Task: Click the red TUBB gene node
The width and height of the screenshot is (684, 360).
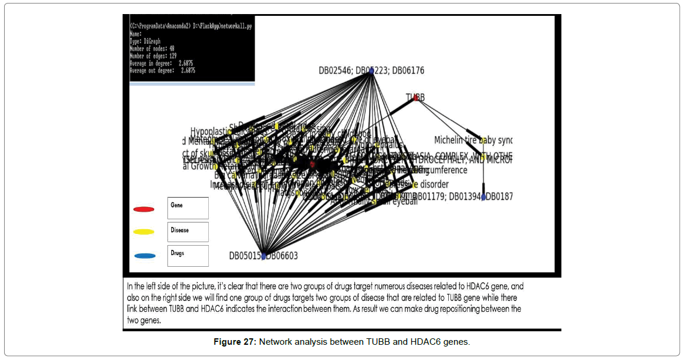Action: click(416, 98)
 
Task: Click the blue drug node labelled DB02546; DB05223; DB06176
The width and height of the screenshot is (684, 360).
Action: click(371, 71)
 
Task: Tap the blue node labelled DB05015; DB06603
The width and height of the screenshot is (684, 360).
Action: click(263, 256)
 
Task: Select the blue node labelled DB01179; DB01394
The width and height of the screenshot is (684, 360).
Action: click(483, 197)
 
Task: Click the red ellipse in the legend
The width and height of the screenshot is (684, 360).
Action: click(144, 209)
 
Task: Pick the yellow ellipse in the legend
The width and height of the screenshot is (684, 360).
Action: click(144, 232)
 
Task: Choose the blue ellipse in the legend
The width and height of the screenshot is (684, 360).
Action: click(144, 256)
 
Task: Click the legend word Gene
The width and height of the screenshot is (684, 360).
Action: click(177, 205)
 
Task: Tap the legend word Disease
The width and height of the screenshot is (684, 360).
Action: click(180, 230)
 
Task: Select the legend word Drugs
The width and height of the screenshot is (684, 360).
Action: click(177, 253)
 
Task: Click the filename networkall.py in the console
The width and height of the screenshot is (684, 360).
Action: click(233, 26)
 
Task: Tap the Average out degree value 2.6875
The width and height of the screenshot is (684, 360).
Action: click(188, 70)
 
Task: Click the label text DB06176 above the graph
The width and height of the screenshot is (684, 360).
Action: click(408, 71)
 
